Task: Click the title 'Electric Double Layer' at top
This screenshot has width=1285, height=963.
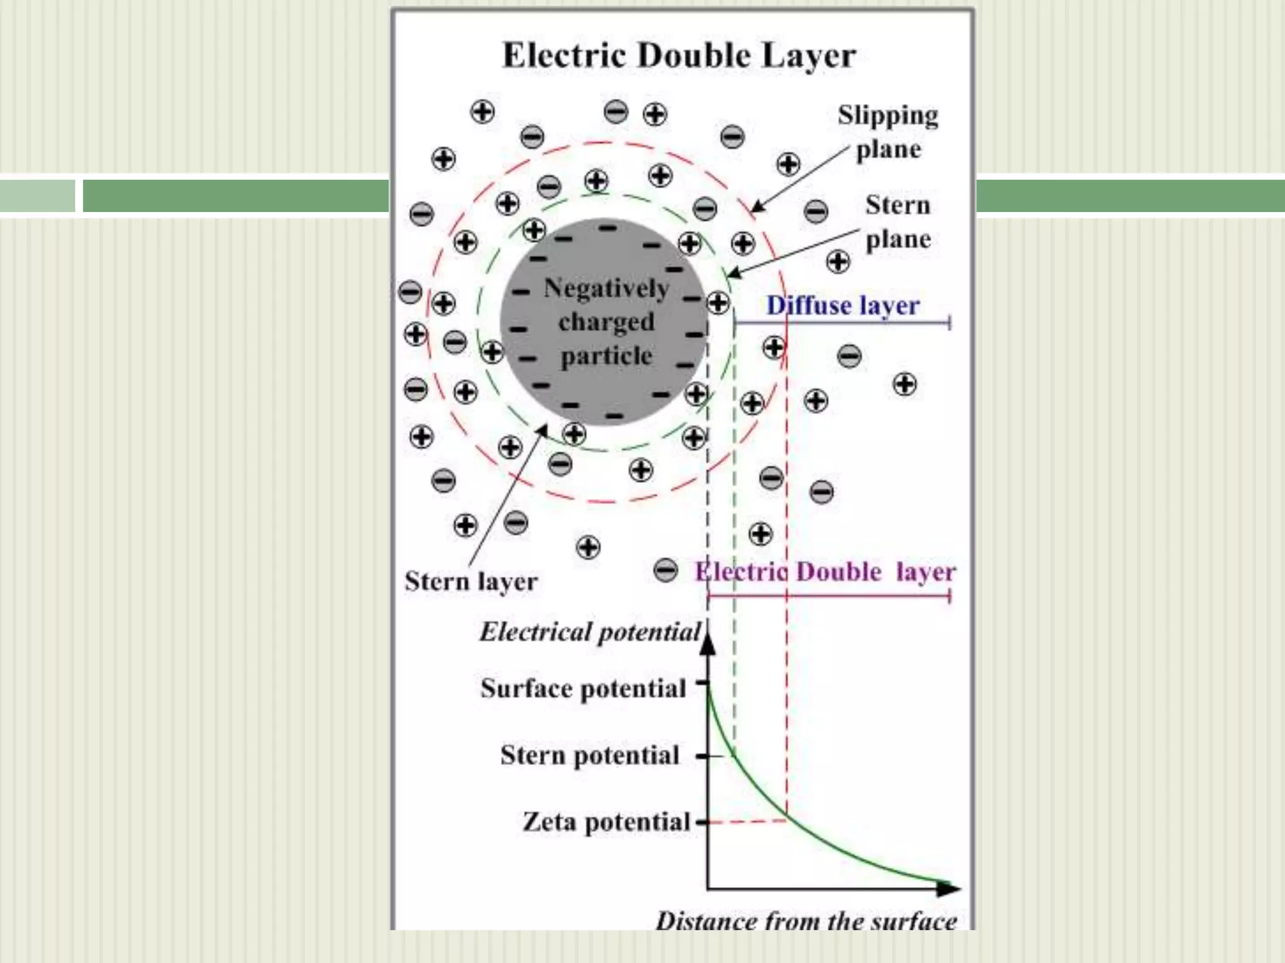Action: [x=679, y=55]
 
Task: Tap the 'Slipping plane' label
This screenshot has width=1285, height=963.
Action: [x=888, y=132]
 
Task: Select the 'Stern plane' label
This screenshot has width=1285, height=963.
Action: [x=898, y=222]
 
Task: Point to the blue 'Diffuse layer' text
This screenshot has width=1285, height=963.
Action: [x=843, y=305]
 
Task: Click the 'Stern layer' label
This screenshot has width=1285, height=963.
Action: [x=471, y=581]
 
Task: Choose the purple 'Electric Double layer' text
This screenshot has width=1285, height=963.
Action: [x=825, y=572]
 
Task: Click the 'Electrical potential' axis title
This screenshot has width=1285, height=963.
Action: [x=590, y=632]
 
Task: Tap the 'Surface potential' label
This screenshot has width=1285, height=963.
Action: [x=584, y=688]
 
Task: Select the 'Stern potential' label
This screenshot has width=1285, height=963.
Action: [x=590, y=755]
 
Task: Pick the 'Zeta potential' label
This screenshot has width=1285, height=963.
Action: [x=606, y=821]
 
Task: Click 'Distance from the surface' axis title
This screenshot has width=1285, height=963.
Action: [x=806, y=921]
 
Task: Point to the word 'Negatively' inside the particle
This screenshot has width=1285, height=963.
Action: [x=606, y=288]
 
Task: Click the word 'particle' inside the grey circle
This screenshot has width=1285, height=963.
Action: [x=606, y=355]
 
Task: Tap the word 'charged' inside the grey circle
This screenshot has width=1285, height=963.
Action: [x=606, y=322]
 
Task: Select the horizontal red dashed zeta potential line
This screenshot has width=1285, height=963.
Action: [x=747, y=821]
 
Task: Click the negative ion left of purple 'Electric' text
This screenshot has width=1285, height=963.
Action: [x=666, y=571]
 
